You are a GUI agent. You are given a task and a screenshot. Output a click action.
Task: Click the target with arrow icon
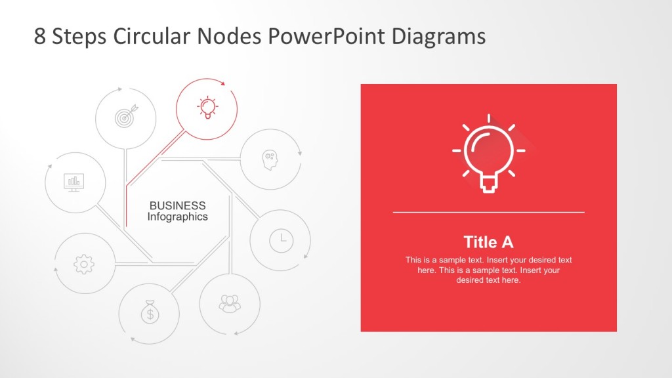pyautogui.click(x=125, y=117)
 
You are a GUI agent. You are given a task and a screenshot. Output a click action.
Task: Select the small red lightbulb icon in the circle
pyautogui.click(x=207, y=107)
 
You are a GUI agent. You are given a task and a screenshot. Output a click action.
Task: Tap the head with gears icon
pyautogui.click(x=270, y=159)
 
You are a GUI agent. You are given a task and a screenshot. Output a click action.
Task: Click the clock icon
pyautogui.click(x=282, y=240)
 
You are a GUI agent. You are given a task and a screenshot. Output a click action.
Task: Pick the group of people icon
pyautogui.click(x=230, y=303)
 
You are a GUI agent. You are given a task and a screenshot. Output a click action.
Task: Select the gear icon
pyautogui.click(x=84, y=263)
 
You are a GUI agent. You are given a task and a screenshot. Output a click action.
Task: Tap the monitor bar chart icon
pyautogui.click(x=74, y=182)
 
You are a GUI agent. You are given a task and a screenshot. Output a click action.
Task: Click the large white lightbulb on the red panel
pyautogui.click(x=488, y=155)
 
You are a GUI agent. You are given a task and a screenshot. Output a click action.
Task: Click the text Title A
pyautogui.click(x=488, y=242)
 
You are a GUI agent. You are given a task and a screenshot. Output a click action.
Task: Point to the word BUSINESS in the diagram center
pyautogui.click(x=177, y=205)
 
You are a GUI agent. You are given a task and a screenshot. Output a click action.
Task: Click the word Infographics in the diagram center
pyautogui.click(x=177, y=217)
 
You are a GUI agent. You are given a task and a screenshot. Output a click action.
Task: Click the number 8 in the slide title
pyautogui.click(x=40, y=37)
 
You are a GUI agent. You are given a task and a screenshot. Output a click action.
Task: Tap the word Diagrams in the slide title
pyautogui.click(x=438, y=36)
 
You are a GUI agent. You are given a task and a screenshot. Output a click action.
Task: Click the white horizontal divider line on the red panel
pyautogui.click(x=488, y=213)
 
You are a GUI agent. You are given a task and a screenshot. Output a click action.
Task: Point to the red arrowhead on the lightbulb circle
pyautogui.click(x=223, y=83)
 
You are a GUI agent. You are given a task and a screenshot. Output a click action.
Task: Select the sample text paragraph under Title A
pyautogui.click(x=488, y=270)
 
